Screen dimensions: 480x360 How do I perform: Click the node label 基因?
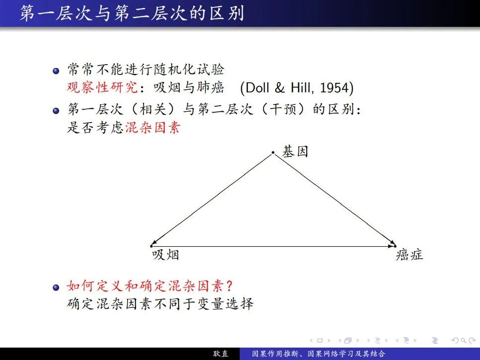coord(295,152)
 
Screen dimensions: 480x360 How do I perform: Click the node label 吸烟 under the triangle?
coord(166,255)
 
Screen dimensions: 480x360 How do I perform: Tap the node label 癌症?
coord(410,255)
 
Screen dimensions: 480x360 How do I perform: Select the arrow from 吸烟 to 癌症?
coord(273,246)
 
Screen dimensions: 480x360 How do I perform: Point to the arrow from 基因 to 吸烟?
coord(212,200)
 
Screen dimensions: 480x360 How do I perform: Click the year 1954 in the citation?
coord(334,88)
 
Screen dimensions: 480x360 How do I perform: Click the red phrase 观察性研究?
coord(102,87)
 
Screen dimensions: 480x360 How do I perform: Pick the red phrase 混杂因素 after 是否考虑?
coord(153,127)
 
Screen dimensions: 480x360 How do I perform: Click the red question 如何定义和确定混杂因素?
coord(150,286)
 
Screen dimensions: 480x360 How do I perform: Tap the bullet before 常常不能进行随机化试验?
coord(56,71)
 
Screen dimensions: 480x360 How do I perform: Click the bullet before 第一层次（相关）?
coord(56,111)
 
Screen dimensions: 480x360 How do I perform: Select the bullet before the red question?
coord(56,288)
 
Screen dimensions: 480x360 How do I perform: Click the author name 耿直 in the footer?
coord(221,354)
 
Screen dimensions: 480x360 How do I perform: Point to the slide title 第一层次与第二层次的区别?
coord(132,13)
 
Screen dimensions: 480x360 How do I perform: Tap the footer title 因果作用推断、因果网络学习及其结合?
coord(318,354)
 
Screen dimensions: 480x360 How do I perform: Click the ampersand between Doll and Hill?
coord(279,88)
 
